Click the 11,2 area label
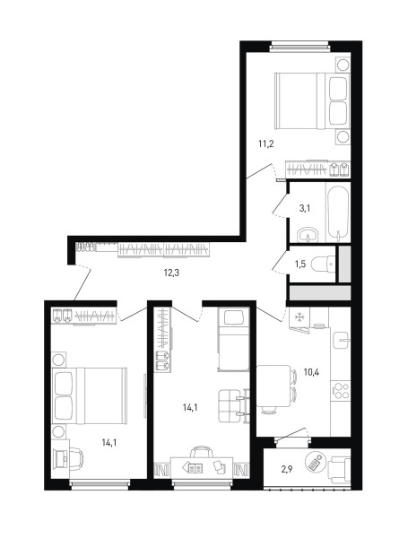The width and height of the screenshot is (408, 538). coord(265,143)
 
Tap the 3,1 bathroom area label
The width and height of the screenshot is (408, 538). coord(305,208)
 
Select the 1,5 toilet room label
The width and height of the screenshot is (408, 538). coord(299,265)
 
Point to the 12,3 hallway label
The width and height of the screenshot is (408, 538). coord(171,273)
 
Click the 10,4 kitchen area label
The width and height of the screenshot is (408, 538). coord(311,371)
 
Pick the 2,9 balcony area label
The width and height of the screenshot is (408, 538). coord(287,470)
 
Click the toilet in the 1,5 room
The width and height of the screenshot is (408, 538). coord(323,265)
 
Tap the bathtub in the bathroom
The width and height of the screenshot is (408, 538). coord(338,213)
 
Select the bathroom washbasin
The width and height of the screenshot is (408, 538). coord(308,235)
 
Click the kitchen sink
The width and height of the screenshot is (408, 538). coord(342,341)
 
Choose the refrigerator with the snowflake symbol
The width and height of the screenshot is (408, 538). coord(299,317)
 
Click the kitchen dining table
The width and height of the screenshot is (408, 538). coord(273,386)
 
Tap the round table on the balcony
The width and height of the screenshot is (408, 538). coord(315,462)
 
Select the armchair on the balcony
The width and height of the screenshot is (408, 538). coord(340,470)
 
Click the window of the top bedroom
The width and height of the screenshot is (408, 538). coord(299,46)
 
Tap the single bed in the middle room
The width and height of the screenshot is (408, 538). coord(233,339)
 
